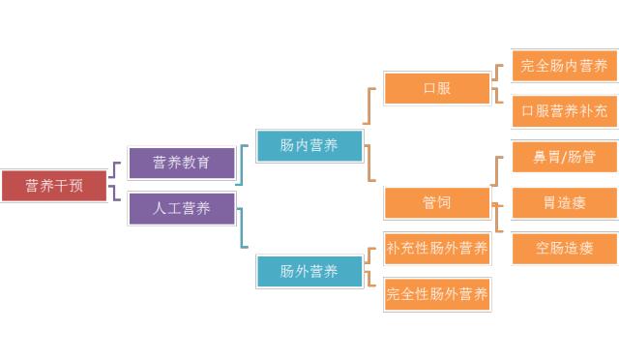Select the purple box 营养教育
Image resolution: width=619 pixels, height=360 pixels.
pos(181,163)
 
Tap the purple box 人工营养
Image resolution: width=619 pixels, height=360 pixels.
pos(181,208)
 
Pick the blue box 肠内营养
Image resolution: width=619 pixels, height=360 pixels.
pos(309,145)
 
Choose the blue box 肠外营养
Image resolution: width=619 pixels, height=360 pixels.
pos(309,271)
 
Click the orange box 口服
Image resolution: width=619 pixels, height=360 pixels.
pos(436,88)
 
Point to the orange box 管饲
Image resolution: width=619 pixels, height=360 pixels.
pos(436,202)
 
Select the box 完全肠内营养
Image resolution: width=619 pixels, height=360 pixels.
pos(564,66)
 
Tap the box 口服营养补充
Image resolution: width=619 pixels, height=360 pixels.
pos(564,111)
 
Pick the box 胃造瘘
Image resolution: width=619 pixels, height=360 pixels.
pos(564,202)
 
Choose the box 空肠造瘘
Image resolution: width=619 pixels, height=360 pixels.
pos(564,248)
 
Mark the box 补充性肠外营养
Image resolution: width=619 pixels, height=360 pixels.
pos(436,249)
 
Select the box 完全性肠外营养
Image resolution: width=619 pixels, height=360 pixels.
pos(436,293)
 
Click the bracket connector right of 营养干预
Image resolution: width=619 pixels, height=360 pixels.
pos(115,185)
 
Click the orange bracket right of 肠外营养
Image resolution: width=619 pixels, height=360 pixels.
pos(372,270)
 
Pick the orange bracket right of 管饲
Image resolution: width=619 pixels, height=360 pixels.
pos(497,202)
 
